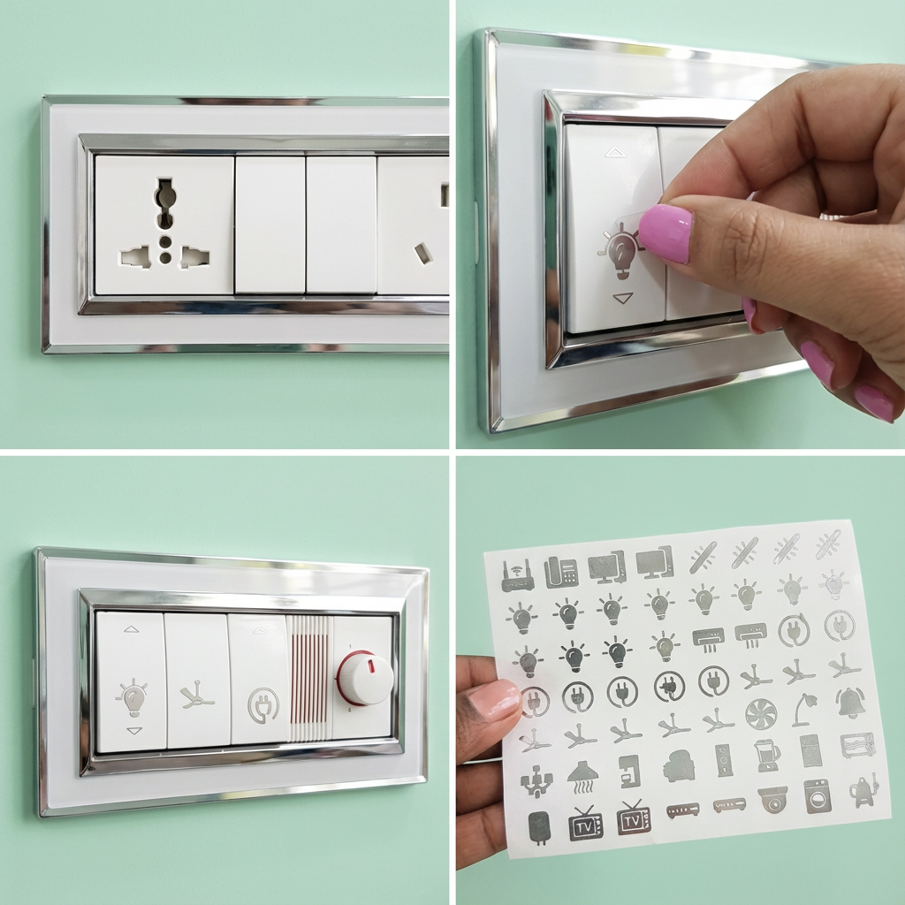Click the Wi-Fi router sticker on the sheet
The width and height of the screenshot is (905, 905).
coord(517,575)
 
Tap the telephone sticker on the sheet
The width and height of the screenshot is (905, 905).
coord(561,572)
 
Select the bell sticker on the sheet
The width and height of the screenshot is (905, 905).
coord(849,703)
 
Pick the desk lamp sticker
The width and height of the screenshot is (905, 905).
coord(807,710)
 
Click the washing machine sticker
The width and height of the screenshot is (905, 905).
coord(818,796)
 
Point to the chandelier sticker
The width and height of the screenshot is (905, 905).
coord(536,781)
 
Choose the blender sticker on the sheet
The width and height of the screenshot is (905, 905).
coord(766,756)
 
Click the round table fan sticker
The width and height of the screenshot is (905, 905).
coord(761,714)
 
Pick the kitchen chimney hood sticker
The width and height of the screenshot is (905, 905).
coord(582,778)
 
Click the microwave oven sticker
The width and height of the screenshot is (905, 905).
coord(857,745)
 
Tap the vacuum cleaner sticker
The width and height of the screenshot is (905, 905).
coord(863,791)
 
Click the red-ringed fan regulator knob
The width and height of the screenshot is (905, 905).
coord(365,677)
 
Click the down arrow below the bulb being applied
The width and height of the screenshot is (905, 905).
coord(623,298)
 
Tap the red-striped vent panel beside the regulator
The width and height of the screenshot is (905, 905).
coord(309,679)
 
